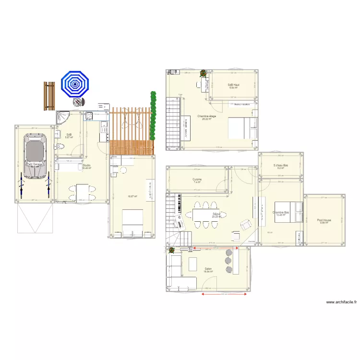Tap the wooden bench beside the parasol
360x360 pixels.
pyautogui.click(x=49, y=96)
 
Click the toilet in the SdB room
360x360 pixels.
pyautogui.click(x=59, y=146)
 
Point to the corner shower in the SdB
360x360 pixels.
pyautogui.click(x=62, y=118)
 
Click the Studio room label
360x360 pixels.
pyautogui.click(x=86, y=166)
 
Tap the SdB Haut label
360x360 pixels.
pyautogui.click(x=233, y=85)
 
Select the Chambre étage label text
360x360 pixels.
pyautogui.click(x=206, y=116)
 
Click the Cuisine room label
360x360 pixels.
pyautogui.click(x=197, y=180)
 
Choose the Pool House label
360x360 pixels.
pyautogui.click(x=324, y=220)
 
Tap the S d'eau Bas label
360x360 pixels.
pyautogui.click(x=280, y=166)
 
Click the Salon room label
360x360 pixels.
pyautogui.click(x=208, y=269)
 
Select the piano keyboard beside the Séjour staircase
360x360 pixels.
pyautogui.click(x=179, y=205)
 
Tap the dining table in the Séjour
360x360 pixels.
pyautogui.click(x=202, y=214)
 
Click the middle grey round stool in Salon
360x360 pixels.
pyautogui.click(x=228, y=261)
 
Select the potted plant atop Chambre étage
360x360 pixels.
pyautogui.click(x=204, y=73)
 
